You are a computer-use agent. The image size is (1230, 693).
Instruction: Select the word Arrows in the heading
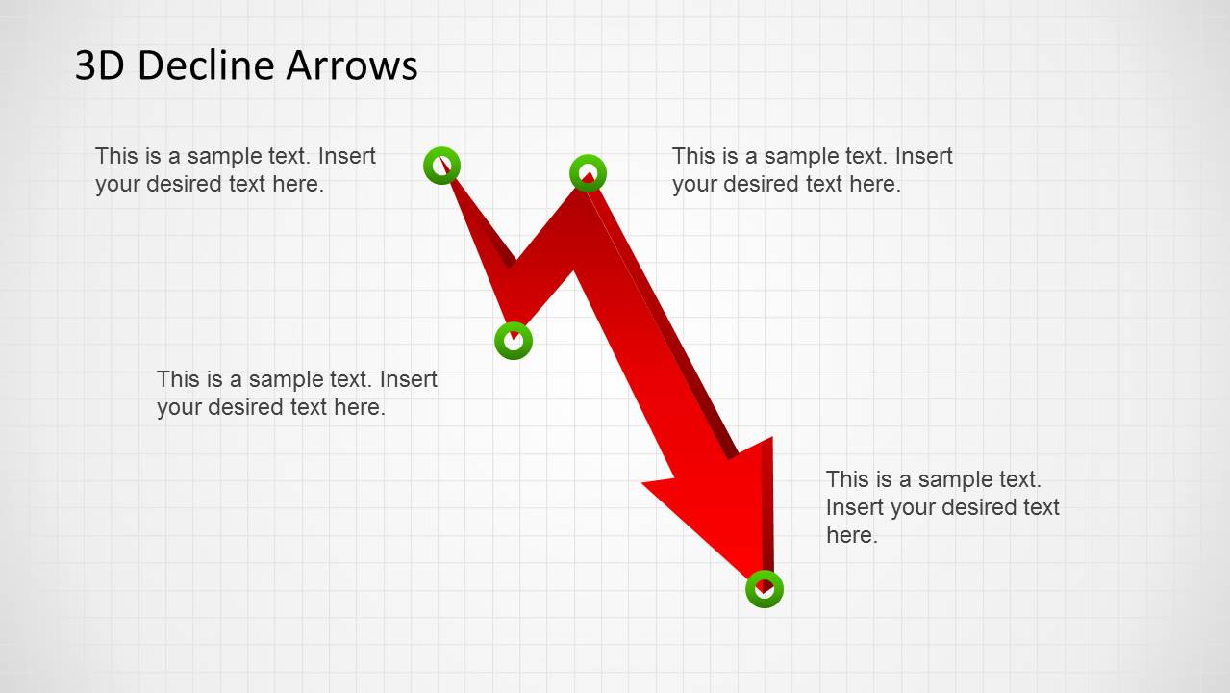(351, 65)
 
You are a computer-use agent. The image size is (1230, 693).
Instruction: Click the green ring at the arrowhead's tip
(765, 589)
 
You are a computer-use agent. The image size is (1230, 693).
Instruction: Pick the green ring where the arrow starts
(441, 166)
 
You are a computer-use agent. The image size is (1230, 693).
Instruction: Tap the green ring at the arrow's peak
(588, 173)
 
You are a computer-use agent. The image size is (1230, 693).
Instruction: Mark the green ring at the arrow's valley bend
(514, 340)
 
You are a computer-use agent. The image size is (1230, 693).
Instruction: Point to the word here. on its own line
(851, 535)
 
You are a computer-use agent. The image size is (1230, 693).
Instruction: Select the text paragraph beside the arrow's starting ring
(236, 169)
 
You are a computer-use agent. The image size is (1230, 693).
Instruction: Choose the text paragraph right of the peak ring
(812, 169)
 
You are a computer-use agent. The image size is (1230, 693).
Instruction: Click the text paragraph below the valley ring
(296, 393)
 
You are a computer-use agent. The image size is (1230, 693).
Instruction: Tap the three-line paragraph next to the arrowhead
(942, 507)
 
